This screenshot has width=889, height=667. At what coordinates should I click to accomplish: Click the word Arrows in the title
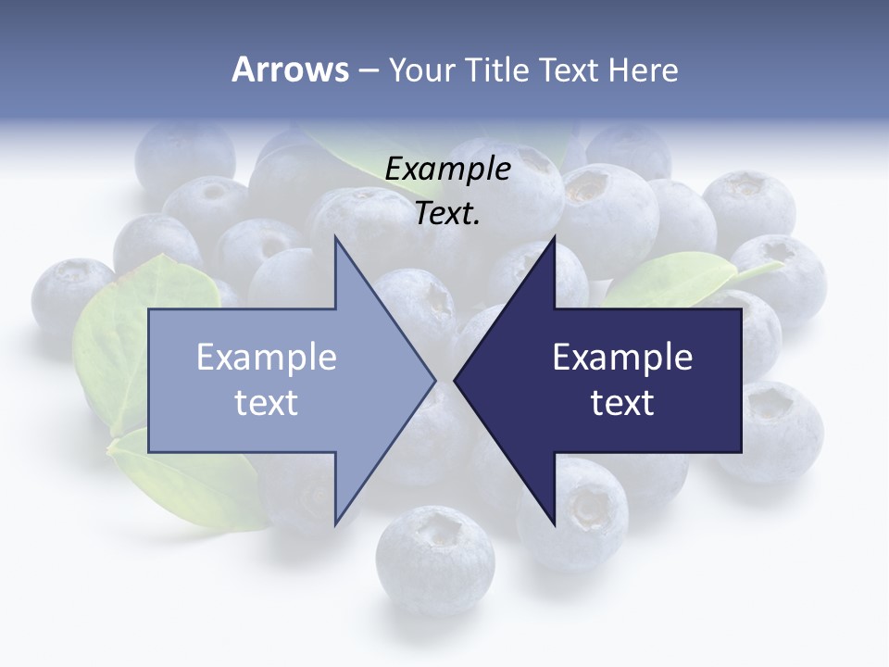290,69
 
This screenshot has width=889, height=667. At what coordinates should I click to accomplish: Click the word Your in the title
419,69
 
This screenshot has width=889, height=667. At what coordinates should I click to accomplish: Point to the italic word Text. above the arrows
448,214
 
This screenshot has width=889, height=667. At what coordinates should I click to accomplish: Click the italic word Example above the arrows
448,170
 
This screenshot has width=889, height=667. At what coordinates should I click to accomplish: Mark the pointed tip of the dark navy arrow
457,380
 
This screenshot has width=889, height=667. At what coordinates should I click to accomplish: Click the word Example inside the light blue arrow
267,358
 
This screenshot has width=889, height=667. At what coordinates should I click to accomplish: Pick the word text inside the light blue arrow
267,403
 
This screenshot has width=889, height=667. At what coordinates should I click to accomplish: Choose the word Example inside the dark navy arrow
622,358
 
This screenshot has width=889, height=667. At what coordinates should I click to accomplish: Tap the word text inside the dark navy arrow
622,403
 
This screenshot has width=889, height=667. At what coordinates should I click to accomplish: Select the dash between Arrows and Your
368,70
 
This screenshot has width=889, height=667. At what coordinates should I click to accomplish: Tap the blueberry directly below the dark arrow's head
579,510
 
